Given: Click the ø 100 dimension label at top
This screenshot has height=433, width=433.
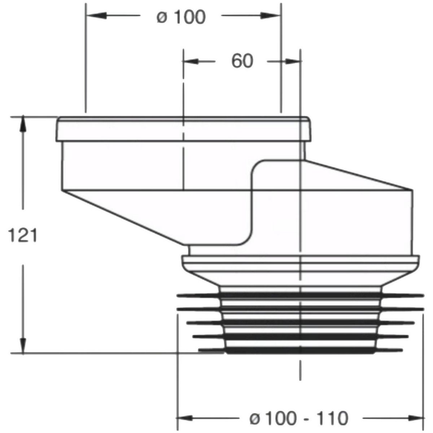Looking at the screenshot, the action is tap(181, 17).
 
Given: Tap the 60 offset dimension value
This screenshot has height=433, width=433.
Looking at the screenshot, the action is tap(242, 61).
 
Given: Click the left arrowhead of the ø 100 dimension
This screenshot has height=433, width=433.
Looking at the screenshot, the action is tap(97, 16).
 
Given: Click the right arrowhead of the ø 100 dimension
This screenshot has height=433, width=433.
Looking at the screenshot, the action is tap(270, 16).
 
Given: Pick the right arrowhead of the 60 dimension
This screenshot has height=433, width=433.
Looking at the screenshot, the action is tap(293, 61).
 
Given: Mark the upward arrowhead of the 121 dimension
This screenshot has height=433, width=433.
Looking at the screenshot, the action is tap(23, 124).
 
